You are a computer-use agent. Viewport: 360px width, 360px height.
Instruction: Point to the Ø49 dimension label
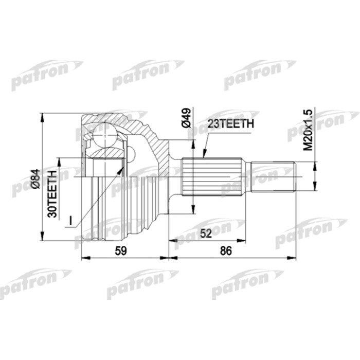(x=187, y=118)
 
